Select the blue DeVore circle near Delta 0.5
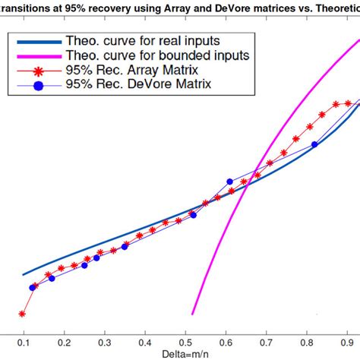[193, 216]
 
